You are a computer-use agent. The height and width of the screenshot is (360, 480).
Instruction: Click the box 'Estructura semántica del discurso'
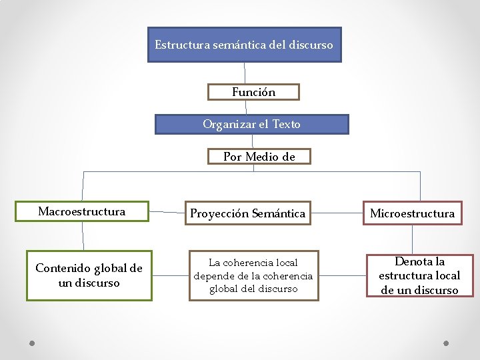coord(244,45)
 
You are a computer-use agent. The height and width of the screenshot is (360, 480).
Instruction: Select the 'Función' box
coord(253,92)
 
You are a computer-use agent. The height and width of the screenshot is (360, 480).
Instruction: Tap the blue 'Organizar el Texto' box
coord(251,124)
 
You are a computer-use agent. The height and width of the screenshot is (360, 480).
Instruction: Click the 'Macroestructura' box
coord(82,211)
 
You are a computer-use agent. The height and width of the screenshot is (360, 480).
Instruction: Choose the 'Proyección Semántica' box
coord(248,213)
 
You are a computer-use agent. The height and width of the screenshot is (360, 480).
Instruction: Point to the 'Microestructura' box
coord(412,213)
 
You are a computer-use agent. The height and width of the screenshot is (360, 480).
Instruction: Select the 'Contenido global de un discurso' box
coord(89,275)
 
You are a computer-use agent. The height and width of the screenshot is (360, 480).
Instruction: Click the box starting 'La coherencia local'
coord(253,275)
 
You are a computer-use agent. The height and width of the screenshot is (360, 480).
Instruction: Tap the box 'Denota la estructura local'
coord(419,275)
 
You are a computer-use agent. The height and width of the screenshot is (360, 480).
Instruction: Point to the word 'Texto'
coord(286,124)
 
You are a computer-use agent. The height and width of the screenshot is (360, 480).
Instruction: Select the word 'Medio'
coord(263,157)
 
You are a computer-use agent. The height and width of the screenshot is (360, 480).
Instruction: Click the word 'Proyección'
coord(219,213)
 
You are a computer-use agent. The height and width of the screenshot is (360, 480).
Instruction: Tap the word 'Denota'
coord(411,261)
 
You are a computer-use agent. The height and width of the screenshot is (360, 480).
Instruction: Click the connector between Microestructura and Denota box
coord(413,240)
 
